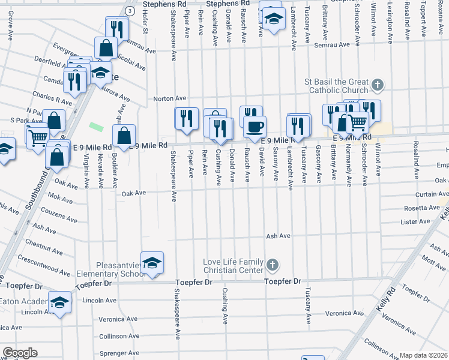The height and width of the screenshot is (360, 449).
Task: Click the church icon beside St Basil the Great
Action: pyautogui.click(x=378, y=85)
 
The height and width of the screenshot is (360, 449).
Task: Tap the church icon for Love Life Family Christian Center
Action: pyautogui.click(x=272, y=265)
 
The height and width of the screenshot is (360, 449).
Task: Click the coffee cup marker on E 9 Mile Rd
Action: pyautogui.click(x=255, y=126)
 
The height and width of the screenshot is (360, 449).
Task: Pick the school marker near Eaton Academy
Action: pyautogui.click(x=59, y=304)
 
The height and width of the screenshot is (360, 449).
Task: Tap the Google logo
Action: pyautogui.click(x=20, y=353)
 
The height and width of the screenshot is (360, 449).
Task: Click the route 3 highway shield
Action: pyautogui.click(x=129, y=11)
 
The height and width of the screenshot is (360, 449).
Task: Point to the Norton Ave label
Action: pyautogui.click(x=170, y=98)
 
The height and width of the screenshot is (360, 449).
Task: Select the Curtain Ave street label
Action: pyautogui.click(x=430, y=194)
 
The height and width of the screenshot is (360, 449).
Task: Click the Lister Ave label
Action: pyautogui.click(x=415, y=222)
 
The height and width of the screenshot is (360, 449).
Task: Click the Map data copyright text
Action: pyautogui.click(x=424, y=355)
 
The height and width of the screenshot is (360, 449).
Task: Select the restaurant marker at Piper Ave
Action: pyautogui.click(x=186, y=118)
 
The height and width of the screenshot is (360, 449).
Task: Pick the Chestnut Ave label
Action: pyautogui.click(x=41, y=245)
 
